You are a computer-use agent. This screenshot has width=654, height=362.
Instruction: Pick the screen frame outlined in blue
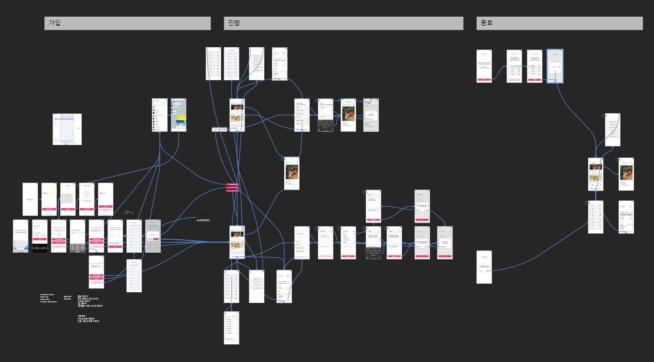[x=555, y=66]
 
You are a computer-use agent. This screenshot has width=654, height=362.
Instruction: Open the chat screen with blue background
[x=179, y=115]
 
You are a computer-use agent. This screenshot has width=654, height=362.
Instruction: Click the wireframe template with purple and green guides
[x=67, y=129]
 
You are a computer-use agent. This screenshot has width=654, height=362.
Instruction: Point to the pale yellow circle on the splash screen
[x=52, y=193]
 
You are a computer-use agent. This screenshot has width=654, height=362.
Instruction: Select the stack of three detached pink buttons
[x=233, y=188]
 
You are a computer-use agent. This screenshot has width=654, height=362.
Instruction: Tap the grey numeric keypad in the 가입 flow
[x=77, y=247]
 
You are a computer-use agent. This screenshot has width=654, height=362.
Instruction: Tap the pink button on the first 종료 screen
[x=484, y=79]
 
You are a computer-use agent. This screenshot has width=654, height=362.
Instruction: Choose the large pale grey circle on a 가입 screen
[x=86, y=194]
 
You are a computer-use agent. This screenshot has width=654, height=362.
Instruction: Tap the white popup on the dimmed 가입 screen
[x=153, y=237]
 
